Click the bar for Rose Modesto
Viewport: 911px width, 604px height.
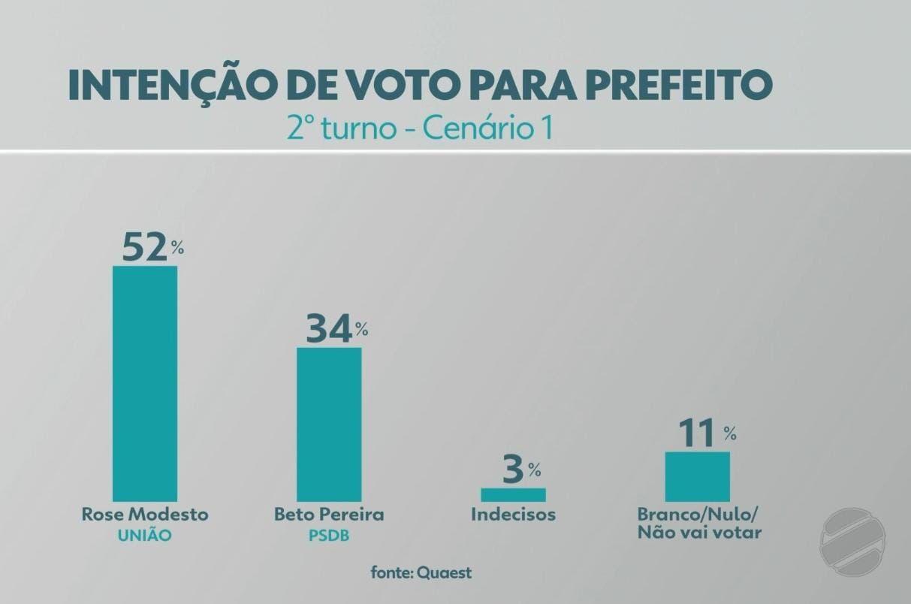(145, 383)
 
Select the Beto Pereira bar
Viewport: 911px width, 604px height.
(329, 424)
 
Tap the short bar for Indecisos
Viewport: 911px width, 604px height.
(513, 494)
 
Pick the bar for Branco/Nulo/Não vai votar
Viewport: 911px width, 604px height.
(697, 476)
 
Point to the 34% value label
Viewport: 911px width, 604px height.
(335, 330)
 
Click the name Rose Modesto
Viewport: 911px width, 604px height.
(145, 515)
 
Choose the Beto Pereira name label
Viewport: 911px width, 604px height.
(329, 515)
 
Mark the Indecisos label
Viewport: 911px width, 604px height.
(514, 515)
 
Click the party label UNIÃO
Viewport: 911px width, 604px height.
(145, 536)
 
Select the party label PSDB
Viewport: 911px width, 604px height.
(329, 536)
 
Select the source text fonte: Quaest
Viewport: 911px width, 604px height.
(421, 572)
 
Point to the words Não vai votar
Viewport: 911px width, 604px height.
(699, 533)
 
